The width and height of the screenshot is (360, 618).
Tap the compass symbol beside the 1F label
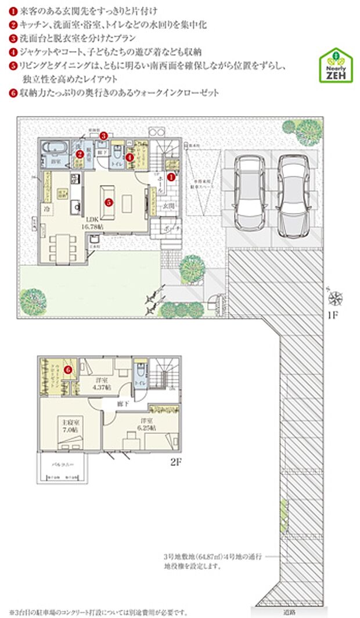335,299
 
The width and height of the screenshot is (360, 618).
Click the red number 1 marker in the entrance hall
171,174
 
